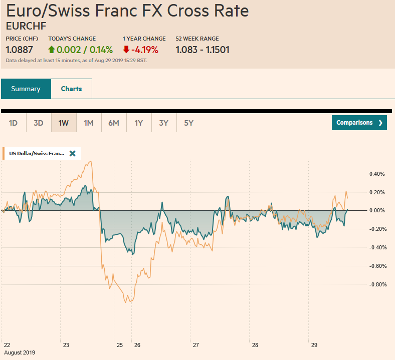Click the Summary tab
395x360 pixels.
click(x=26, y=89)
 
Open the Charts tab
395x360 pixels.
click(x=71, y=89)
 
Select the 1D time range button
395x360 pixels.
click(x=14, y=123)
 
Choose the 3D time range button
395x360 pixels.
click(x=39, y=123)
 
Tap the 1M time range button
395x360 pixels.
click(x=89, y=123)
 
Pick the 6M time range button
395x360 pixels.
click(x=114, y=123)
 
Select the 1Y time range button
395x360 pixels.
click(x=139, y=123)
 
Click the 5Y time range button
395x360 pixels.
click(x=188, y=123)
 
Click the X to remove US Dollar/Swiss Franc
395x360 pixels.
click(x=72, y=153)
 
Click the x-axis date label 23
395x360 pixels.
click(x=66, y=345)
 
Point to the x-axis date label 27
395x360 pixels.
click(x=196, y=345)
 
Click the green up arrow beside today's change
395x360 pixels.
click(x=51, y=50)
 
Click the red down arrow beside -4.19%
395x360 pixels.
click(x=126, y=50)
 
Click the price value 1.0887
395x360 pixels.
click(x=20, y=50)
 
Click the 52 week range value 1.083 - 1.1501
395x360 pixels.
click(x=203, y=50)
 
